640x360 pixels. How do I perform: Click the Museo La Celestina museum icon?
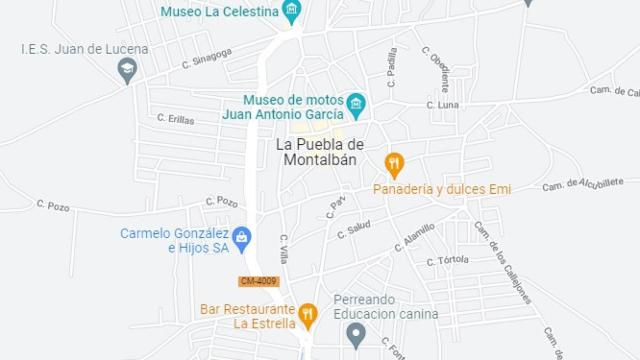(292, 12)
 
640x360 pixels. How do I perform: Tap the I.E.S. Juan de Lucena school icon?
(126, 70)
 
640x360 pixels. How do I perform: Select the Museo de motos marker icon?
(355, 104)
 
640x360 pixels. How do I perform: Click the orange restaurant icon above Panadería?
(394, 164)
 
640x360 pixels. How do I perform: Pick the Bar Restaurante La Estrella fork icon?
(308, 315)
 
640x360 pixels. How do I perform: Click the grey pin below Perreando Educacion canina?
(355, 336)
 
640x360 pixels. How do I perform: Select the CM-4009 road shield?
(258, 281)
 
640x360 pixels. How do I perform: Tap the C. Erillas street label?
(175, 117)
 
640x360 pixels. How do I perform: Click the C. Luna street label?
(442, 104)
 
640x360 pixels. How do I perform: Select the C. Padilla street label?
(392, 63)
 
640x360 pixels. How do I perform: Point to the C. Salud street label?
(354, 229)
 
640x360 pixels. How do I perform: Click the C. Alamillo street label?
(413, 235)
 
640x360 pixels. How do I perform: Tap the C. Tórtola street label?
(447, 261)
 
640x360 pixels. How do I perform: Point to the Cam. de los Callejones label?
(502, 262)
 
